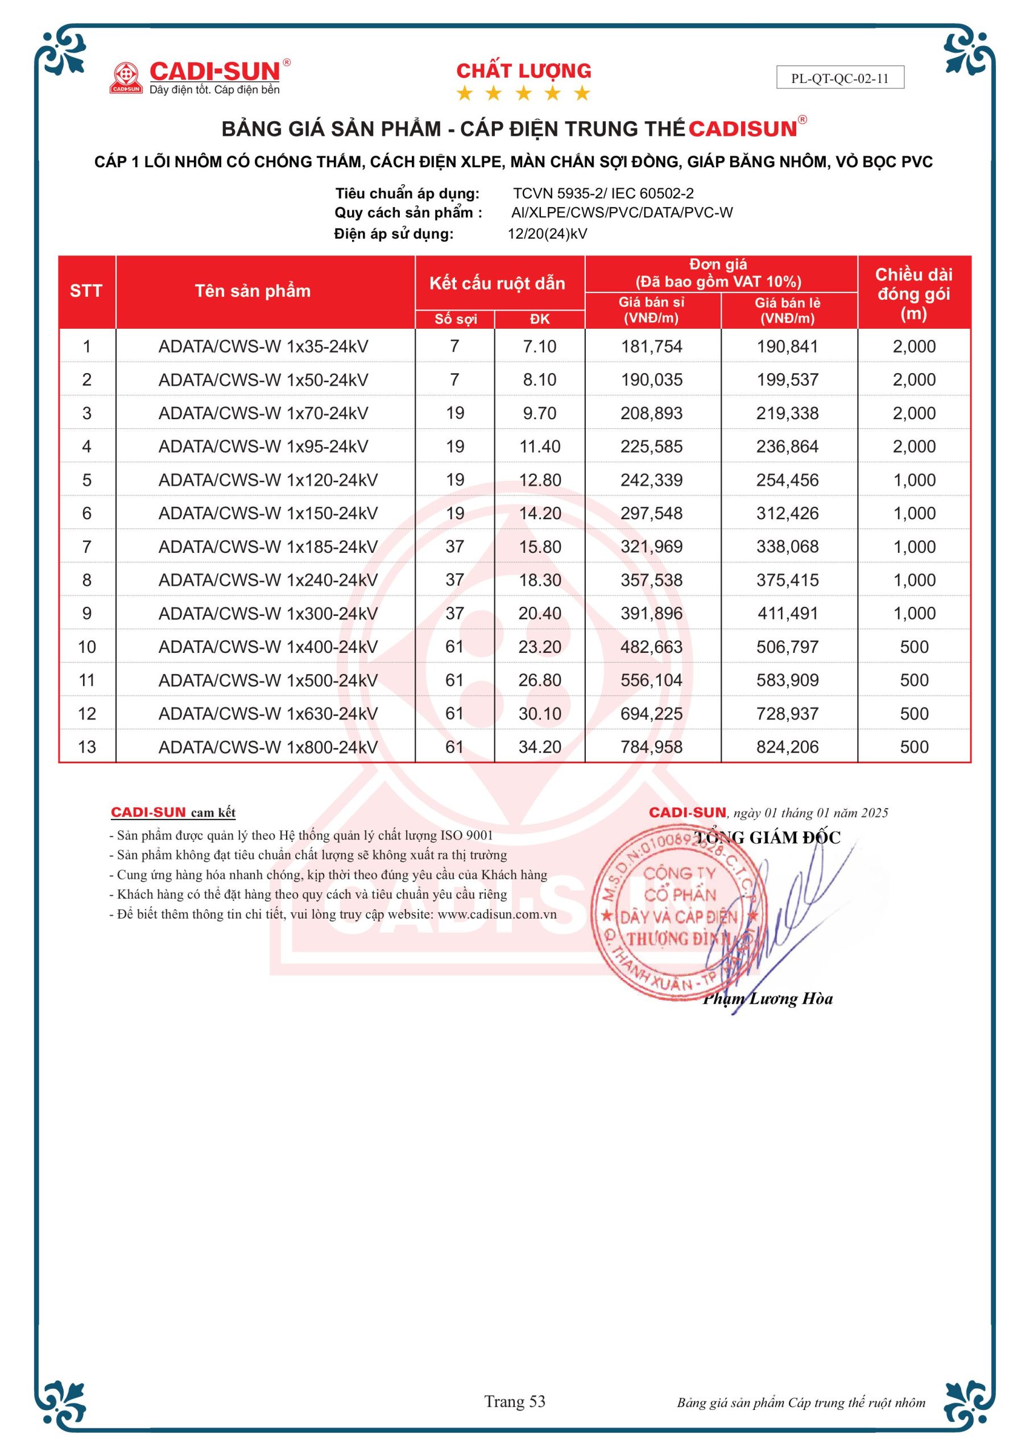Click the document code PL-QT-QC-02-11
(839, 78)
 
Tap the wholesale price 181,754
(651, 346)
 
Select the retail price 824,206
(787, 746)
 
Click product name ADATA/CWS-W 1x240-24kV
(268, 580)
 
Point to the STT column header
(86, 291)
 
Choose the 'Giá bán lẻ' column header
(787, 310)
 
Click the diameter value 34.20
(540, 746)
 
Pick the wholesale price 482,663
(651, 647)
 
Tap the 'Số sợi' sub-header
(456, 319)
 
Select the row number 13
(87, 746)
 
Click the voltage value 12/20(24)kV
(547, 233)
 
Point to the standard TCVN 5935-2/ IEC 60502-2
(603, 193)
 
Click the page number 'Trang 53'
(514, 1401)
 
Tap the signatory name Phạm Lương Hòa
(767, 999)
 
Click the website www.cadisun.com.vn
(497, 915)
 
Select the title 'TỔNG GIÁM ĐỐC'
(767, 838)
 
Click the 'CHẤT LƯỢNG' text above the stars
(524, 71)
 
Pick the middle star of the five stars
(523, 94)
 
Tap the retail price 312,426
(787, 513)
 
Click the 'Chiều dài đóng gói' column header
(913, 293)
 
